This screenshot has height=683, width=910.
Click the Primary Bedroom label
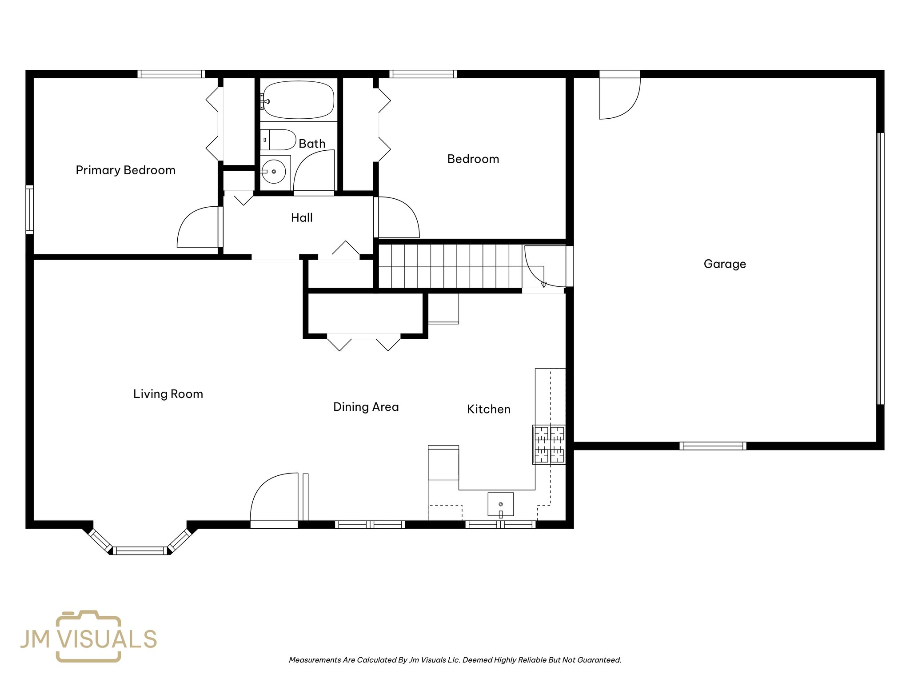click(x=125, y=170)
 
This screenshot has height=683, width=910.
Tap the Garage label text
click(x=725, y=264)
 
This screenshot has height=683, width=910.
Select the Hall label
click(x=302, y=218)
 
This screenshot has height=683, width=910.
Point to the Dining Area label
click(x=366, y=407)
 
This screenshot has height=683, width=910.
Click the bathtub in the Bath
click(x=298, y=100)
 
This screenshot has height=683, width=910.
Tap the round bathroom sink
click(x=273, y=172)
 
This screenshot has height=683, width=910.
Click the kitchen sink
click(x=501, y=504)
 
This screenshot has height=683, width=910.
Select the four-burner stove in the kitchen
click(x=549, y=445)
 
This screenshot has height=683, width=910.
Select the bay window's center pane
click(x=140, y=550)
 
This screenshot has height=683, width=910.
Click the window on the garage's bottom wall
click(x=713, y=446)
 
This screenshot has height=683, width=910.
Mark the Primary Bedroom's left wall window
click(x=30, y=209)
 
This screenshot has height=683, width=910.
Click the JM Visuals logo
click(x=89, y=637)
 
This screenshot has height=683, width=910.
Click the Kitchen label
click(x=488, y=409)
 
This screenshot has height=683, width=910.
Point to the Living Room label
click(x=168, y=394)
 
